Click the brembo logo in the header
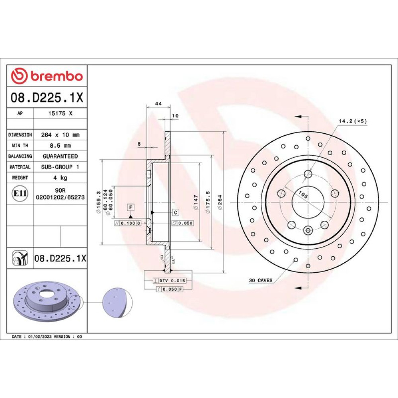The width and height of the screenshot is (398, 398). pos(47,76)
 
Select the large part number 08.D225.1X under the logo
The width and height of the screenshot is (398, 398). pos(47,98)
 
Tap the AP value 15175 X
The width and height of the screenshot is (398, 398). pos(60,113)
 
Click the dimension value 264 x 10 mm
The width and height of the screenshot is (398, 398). pos(60,135)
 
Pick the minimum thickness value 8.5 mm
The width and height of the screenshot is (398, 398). pos(60,146)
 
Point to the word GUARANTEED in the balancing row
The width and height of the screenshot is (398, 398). pos(60,156)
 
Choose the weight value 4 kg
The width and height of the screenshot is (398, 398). pos(60,178)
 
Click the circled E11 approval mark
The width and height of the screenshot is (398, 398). pos(20,193)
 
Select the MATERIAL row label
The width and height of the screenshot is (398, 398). pos(20,167)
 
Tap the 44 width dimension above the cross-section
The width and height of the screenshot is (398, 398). pos(158,103)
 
